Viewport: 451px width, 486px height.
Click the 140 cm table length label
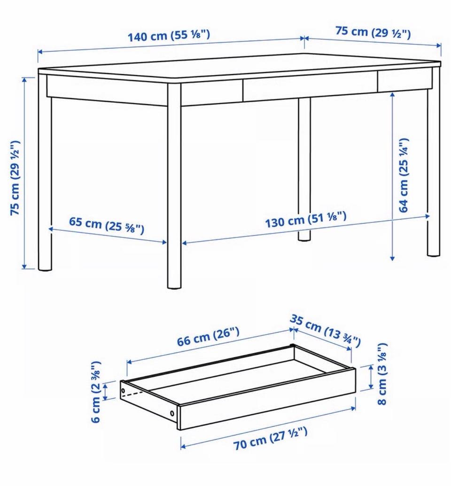click(169, 35)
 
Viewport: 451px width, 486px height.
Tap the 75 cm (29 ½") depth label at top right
click(373, 32)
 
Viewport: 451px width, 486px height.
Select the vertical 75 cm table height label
click(15, 178)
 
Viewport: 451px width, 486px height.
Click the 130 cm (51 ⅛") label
click(305, 219)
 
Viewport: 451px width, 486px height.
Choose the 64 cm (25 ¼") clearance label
click(403, 175)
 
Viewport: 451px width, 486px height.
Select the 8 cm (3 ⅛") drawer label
click(381, 373)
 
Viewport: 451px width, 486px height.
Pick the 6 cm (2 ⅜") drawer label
click(95, 392)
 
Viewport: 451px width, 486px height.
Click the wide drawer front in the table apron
click(311, 89)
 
